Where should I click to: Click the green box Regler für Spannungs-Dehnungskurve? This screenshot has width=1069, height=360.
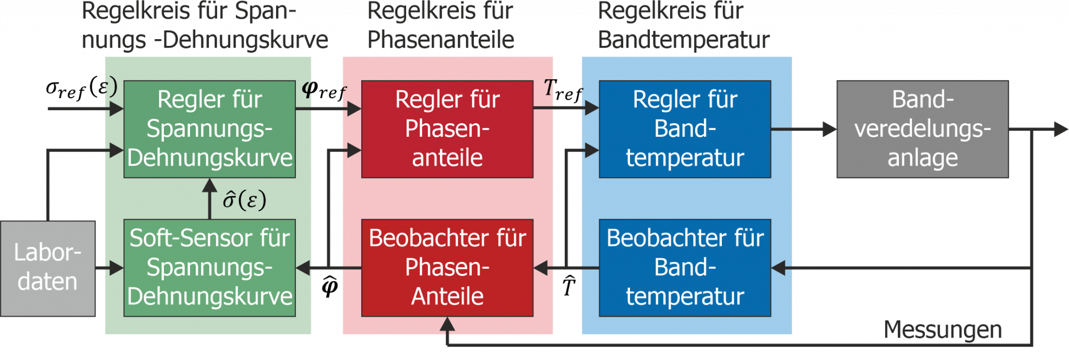click(209, 129)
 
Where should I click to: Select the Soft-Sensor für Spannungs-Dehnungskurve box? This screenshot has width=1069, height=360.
click(209, 268)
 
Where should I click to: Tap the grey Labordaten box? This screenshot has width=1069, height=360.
click(47, 268)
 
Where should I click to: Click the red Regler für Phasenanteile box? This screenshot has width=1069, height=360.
click(447, 129)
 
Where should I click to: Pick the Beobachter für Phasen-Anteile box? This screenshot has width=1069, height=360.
click(447, 268)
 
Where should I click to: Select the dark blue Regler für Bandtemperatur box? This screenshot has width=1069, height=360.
click(685, 129)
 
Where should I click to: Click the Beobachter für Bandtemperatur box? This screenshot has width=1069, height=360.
click(685, 268)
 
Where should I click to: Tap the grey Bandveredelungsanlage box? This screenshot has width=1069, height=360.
click(922, 129)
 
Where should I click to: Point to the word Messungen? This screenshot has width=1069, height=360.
click(943, 330)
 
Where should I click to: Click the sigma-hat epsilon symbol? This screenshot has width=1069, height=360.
click(244, 200)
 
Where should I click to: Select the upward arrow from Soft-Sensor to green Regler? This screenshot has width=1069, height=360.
click(210, 198)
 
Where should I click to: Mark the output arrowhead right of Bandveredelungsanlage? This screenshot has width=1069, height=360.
click(1060, 129)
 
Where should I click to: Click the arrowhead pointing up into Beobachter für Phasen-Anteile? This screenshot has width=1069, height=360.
click(447, 325)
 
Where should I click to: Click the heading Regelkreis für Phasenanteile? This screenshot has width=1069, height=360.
click(441, 25)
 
